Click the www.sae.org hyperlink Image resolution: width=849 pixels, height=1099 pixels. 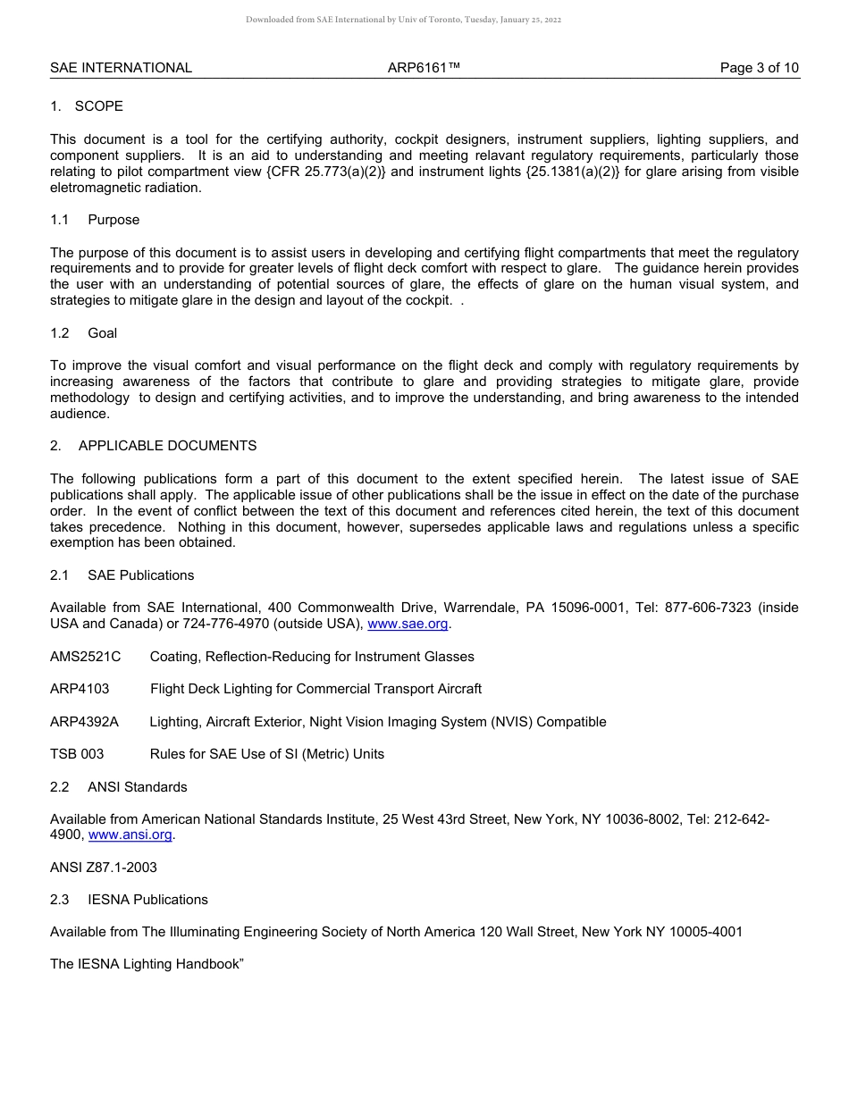click(x=408, y=624)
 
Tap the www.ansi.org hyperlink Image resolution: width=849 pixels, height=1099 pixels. click(x=130, y=835)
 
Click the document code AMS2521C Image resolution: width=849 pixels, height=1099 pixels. click(x=85, y=657)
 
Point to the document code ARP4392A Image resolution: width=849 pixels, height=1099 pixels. click(x=84, y=722)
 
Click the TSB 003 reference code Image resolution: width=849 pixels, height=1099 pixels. click(x=77, y=754)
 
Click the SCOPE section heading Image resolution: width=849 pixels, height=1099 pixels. click(x=98, y=106)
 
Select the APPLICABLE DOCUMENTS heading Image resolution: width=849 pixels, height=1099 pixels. click(x=167, y=446)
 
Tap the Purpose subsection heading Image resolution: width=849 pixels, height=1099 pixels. click(x=113, y=220)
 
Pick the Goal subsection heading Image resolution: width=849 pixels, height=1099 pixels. click(x=102, y=333)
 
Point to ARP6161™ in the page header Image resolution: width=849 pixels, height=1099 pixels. click(x=424, y=68)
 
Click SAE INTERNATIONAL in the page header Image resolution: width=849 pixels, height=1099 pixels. click(x=121, y=68)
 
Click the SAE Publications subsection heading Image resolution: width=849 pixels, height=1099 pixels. click(x=140, y=575)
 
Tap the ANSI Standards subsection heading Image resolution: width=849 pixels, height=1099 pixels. click(x=137, y=787)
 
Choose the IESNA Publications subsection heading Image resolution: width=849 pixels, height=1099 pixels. click(x=147, y=900)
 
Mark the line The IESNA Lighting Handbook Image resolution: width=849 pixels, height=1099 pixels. click(x=147, y=964)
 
